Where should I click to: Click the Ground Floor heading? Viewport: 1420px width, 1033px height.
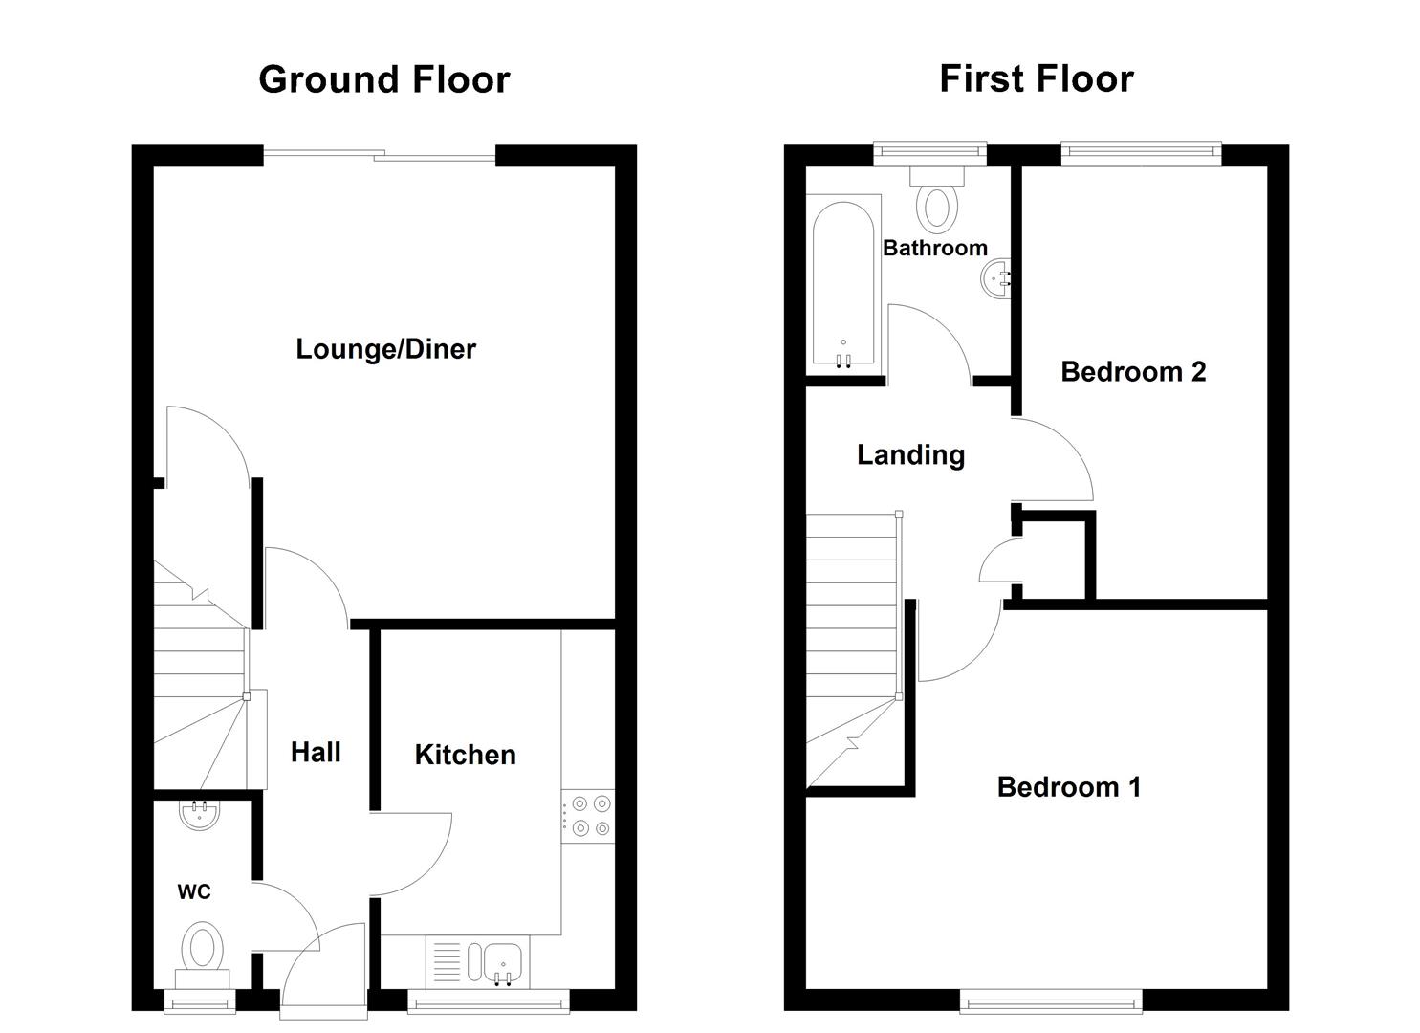coord(383,79)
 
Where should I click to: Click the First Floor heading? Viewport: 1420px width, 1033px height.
coord(1036,78)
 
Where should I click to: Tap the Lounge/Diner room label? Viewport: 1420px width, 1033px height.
coord(385,349)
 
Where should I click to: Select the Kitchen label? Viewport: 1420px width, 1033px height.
coord(465,755)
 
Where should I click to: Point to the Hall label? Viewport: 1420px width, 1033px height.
coord(316,752)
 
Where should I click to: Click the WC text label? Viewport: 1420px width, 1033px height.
coord(194,891)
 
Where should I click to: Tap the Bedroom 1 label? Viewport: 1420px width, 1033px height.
coord(1068,787)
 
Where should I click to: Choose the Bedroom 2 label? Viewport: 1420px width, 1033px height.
coord(1133,371)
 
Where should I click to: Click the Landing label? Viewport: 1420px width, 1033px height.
coord(910,454)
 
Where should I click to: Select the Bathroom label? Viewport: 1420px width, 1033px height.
coord(934,248)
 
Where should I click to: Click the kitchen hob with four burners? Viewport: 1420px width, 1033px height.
coord(588,816)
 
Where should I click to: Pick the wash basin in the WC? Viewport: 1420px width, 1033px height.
coord(200,815)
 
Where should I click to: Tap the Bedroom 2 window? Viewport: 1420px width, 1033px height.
coord(1141,152)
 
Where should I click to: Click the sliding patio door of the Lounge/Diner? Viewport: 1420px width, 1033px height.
coord(380,154)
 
